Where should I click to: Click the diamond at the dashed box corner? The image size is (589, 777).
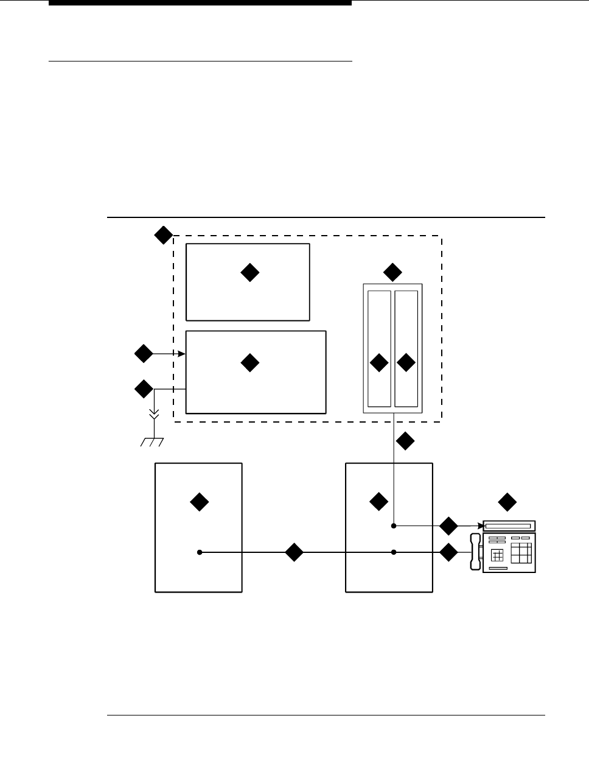coord(163,235)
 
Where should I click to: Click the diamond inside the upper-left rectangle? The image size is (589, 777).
coord(249,273)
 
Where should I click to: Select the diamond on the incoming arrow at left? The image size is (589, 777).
coord(144,353)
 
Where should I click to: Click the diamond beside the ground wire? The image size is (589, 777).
coord(144,388)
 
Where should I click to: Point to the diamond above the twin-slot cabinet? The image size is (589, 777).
coord(392,272)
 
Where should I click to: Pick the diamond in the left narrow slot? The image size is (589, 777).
coord(379,363)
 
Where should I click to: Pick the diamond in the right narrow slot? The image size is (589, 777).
coord(406,363)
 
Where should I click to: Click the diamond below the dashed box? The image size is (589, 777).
coord(405,441)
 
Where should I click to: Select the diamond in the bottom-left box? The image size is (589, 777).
coord(199,502)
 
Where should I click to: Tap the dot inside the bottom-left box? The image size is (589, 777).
coord(200,552)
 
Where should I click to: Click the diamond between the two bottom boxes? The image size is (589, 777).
coord(294,552)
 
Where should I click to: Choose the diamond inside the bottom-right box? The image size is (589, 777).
coord(378,502)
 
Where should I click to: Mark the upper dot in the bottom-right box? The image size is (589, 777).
coord(394,525)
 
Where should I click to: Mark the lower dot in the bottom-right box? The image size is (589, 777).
coord(394,552)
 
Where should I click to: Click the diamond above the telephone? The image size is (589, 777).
coord(507,502)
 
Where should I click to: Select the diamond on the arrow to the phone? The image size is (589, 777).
coord(448,526)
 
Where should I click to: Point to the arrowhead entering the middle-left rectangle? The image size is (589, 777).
coord(182,353)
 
